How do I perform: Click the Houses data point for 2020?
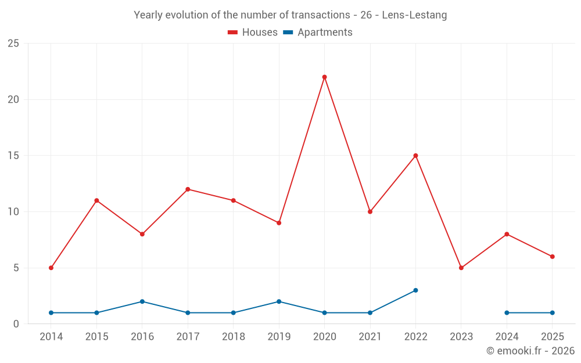324,77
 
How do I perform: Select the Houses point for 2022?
415,156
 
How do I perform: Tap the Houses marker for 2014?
51,268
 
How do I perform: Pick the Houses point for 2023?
461,268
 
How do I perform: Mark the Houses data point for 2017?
188,189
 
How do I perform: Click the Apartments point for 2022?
415,290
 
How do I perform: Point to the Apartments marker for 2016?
142,301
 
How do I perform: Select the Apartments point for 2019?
279,301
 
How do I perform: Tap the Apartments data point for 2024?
507,312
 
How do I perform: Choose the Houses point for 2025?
552,257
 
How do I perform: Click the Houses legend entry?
253,33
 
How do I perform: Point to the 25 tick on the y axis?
13,44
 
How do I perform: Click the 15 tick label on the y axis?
13,156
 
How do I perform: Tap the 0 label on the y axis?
16,324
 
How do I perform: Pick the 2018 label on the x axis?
233,337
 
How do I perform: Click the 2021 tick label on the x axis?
370,337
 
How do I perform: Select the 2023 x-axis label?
461,337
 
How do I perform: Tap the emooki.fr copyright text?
530,351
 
